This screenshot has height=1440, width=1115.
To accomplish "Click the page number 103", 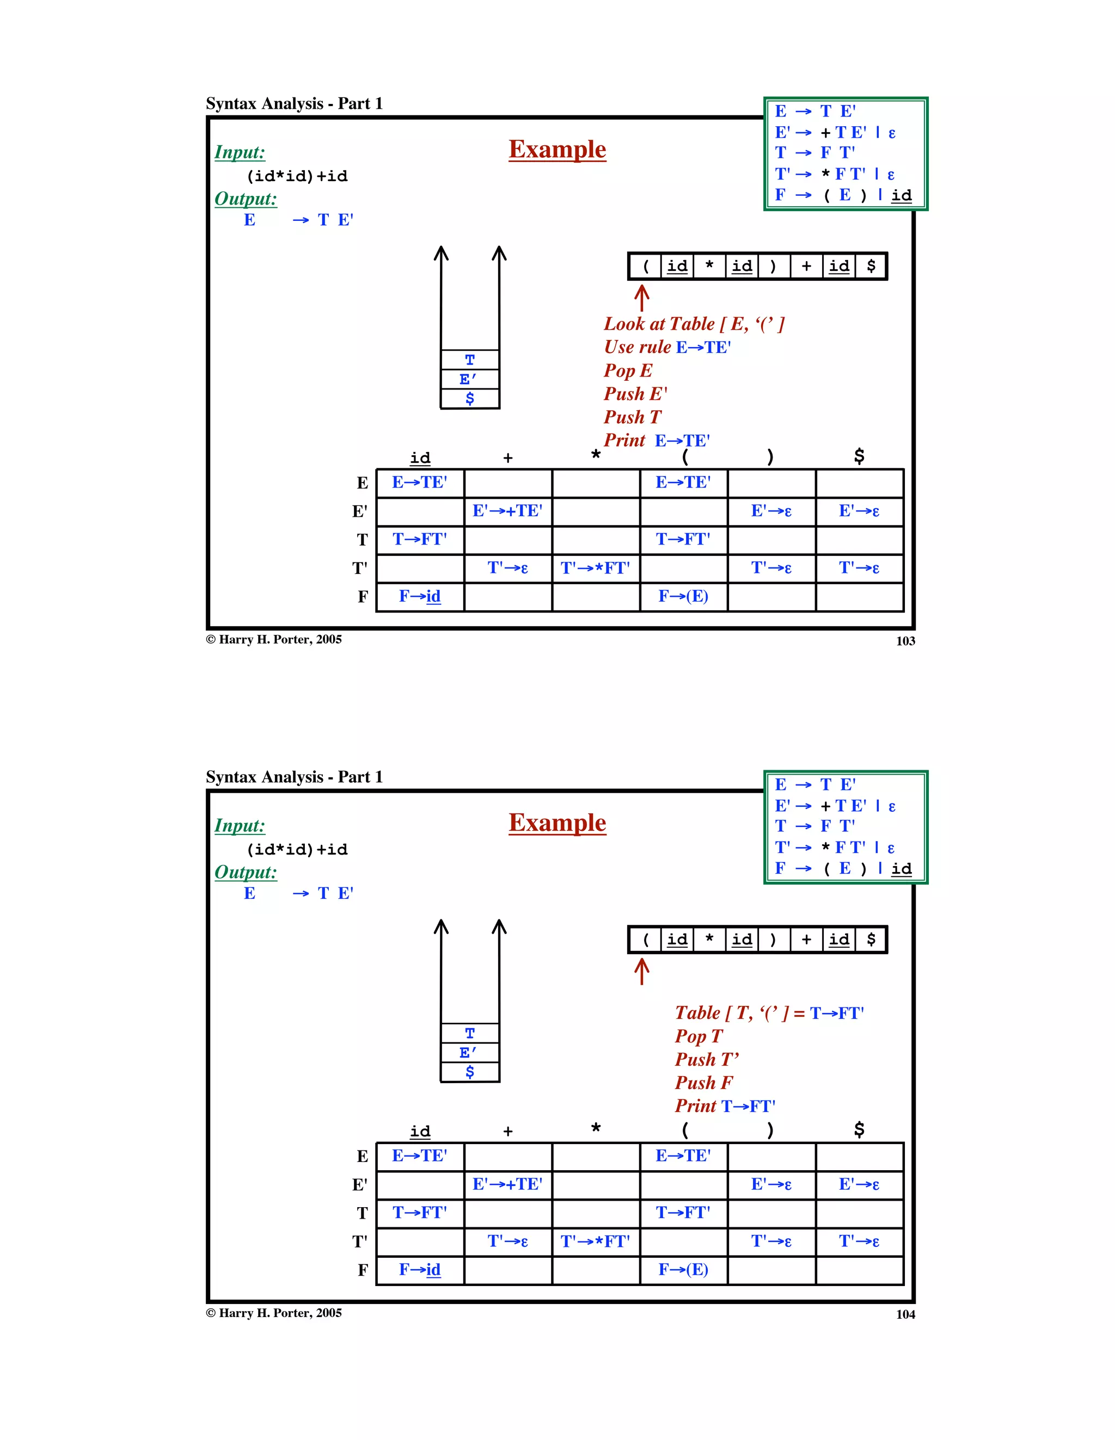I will tap(905, 641).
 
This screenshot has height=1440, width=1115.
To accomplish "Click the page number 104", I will tap(905, 1314).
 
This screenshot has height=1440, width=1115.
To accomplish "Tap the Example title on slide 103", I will tap(557, 150).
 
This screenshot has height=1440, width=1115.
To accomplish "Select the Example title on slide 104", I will tap(557, 823).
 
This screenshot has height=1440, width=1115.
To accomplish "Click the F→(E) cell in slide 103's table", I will tap(683, 597).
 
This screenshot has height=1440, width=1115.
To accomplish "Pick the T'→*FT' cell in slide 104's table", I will tap(595, 1241).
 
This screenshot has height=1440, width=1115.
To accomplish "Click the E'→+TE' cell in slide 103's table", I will tap(507, 511).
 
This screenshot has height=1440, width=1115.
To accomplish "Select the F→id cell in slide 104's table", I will tap(420, 1270).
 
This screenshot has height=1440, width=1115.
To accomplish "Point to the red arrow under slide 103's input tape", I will tap(641, 298).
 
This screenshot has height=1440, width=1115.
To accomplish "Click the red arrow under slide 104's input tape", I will tap(641, 971).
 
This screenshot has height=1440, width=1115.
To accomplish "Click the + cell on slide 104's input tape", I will tap(806, 940).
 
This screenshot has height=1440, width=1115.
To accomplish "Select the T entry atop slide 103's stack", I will tap(470, 360).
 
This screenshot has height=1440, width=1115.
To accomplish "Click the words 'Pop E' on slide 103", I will tap(627, 370).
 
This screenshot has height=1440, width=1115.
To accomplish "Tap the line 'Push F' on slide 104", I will tap(703, 1083).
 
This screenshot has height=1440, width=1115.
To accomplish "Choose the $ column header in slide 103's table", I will tap(859, 456).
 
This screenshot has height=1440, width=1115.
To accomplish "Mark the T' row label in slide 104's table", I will tap(359, 1241).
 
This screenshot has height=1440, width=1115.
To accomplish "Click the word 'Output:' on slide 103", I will tap(246, 199).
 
